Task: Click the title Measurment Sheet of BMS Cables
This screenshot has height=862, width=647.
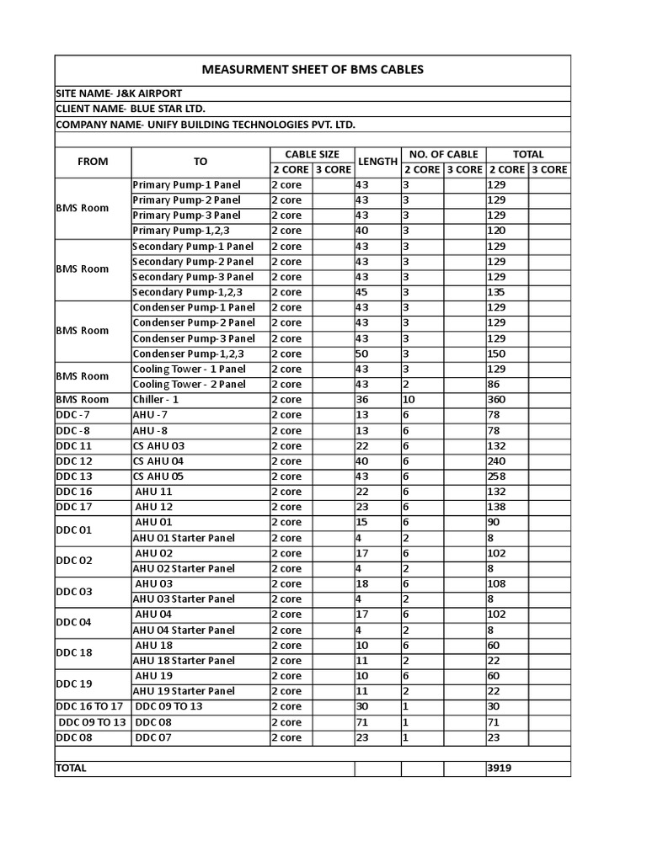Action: click(x=313, y=69)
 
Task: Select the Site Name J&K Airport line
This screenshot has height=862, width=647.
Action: click(x=118, y=93)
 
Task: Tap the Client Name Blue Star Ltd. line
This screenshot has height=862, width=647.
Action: click(x=131, y=109)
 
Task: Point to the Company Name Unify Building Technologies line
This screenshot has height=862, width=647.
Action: click(x=206, y=125)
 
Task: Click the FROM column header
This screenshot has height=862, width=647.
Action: click(x=93, y=162)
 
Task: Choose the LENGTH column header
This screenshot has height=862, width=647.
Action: click(x=377, y=162)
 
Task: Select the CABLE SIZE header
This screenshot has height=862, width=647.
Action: click(x=312, y=154)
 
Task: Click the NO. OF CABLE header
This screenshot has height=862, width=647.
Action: click(x=443, y=154)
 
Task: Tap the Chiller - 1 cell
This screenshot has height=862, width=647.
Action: click(x=156, y=400)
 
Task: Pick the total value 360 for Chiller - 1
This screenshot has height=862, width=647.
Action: click(x=497, y=400)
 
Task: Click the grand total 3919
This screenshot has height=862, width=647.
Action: click(x=500, y=768)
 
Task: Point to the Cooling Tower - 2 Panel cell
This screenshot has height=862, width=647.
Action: click(x=189, y=385)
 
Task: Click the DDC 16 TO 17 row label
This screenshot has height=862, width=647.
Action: click(x=89, y=706)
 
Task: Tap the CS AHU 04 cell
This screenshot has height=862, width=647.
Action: click(x=158, y=461)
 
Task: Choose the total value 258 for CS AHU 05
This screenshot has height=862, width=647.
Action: click(x=497, y=476)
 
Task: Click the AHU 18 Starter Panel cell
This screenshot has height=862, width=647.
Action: click(x=184, y=661)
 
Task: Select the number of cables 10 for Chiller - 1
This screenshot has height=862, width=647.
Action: click(x=409, y=400)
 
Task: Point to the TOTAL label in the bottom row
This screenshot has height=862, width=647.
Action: click(x=71, y=768)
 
